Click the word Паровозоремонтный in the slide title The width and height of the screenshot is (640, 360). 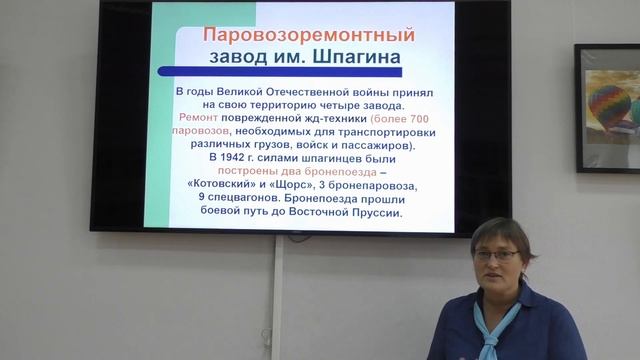tap(308, 35)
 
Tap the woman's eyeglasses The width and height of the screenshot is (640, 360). tap(497, 256)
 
